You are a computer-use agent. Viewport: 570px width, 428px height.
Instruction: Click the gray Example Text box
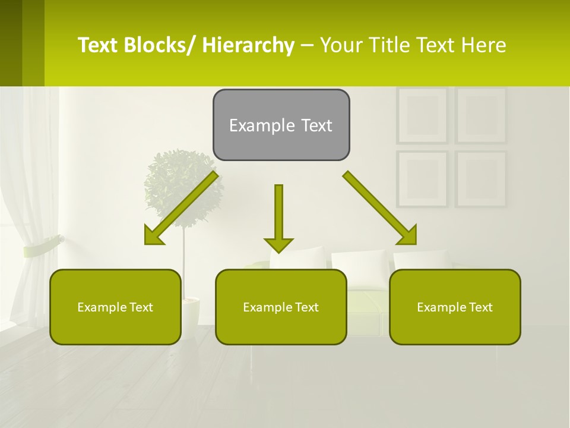[x=281, y=125]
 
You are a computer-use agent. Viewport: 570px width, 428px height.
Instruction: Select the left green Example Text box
[x=115, y=307]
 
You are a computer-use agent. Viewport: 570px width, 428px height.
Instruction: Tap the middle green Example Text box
[x=281, y=307]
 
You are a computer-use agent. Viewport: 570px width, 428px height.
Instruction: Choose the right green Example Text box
[x=455, y=307]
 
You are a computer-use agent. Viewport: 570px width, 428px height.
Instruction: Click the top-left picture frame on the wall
[x=422, y=115]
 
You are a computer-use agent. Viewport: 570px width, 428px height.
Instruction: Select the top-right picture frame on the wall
[x=481, y=115]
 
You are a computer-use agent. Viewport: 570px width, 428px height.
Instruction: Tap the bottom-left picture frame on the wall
[x=422, y=178]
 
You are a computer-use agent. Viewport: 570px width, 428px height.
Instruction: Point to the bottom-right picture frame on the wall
[x=481, y=178]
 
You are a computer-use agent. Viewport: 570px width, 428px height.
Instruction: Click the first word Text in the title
[x=99, y=45]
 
